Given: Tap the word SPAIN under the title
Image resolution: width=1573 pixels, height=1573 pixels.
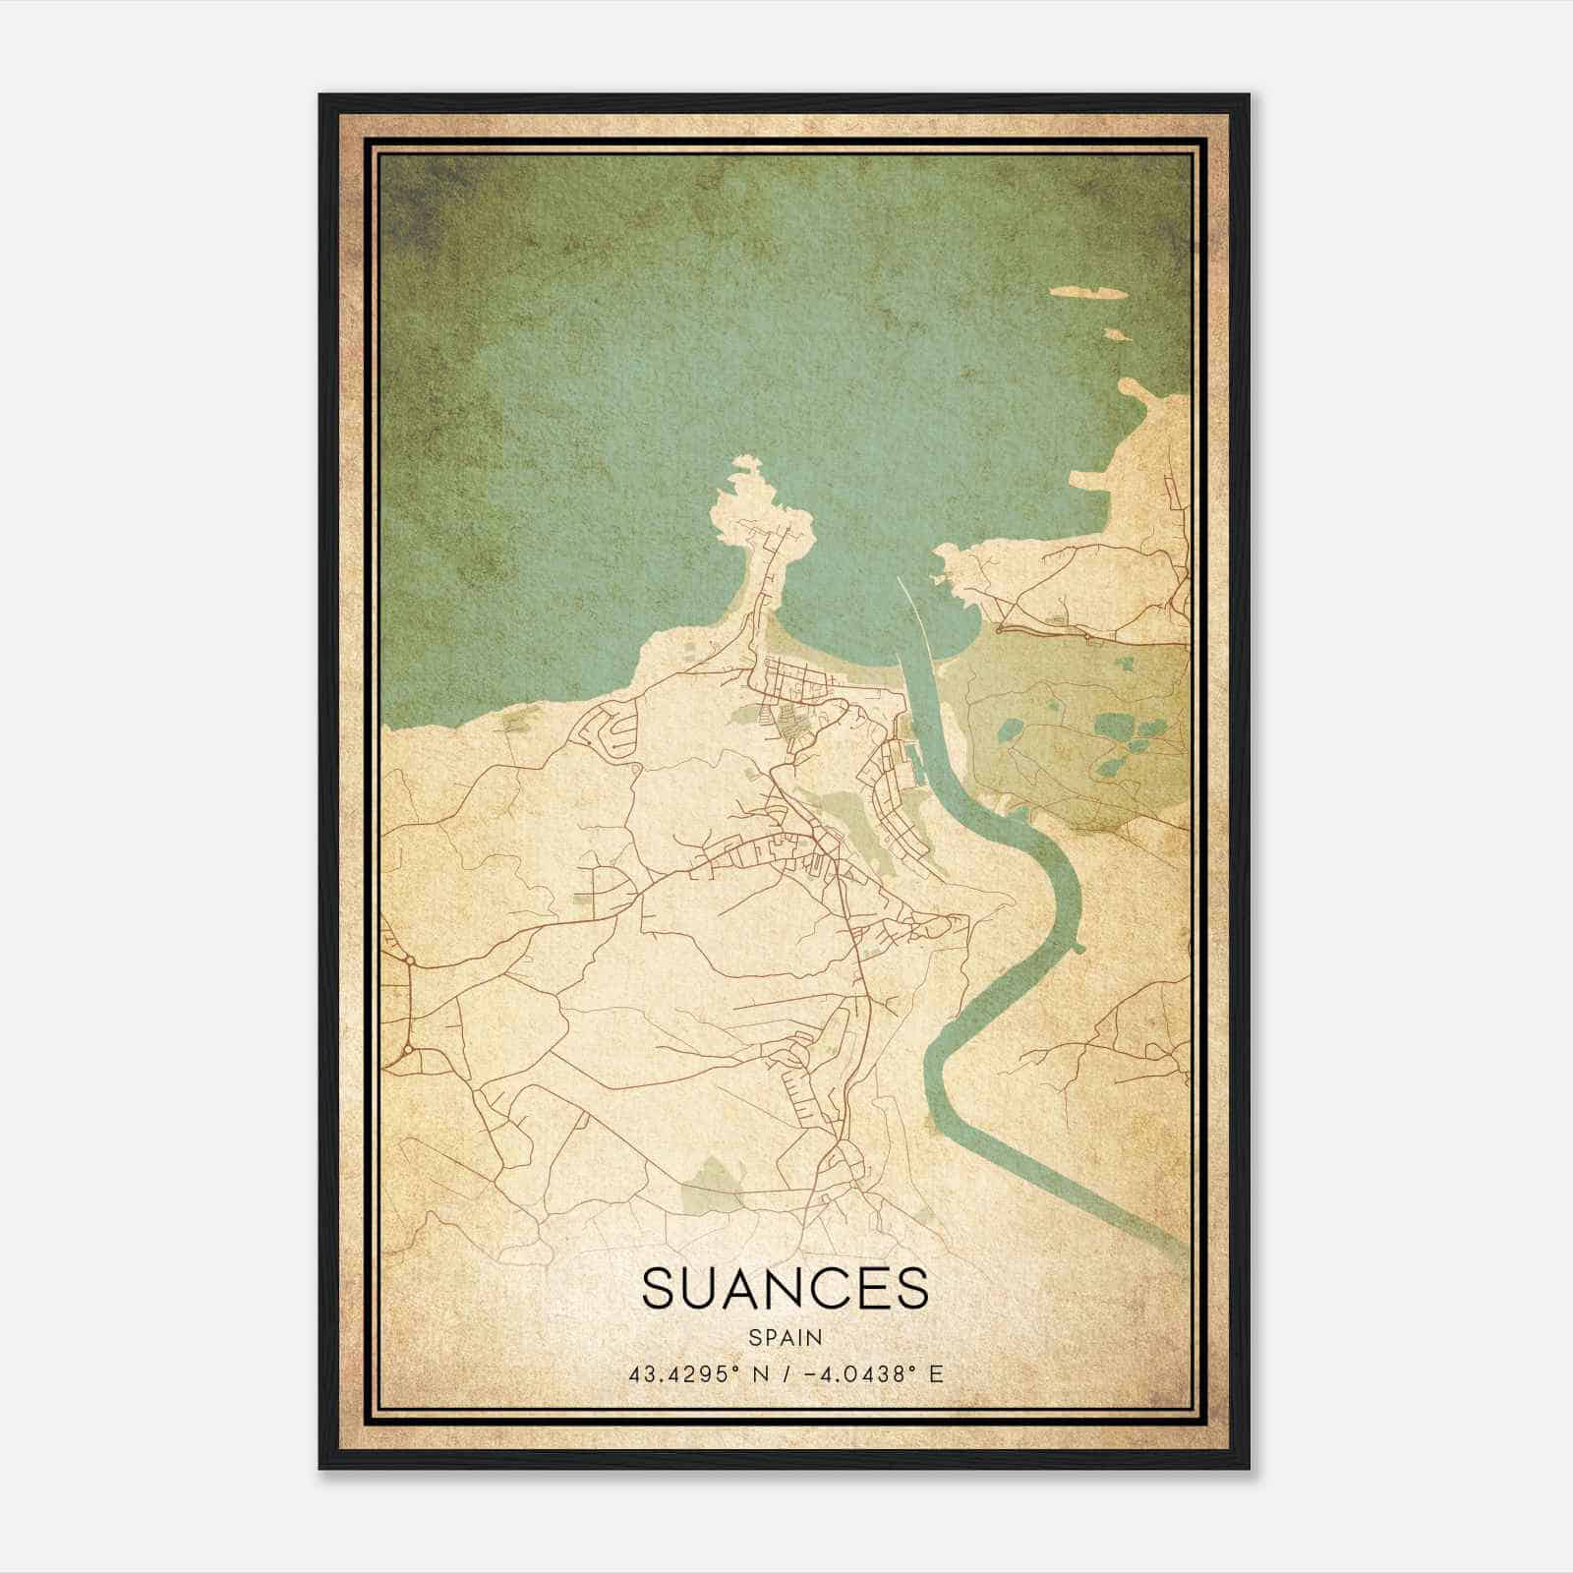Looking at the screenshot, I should (786, 1338).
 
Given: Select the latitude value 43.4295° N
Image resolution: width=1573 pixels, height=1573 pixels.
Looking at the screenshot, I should (699, 1373).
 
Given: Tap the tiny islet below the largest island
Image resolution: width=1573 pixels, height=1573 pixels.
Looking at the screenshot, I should (1114, 334).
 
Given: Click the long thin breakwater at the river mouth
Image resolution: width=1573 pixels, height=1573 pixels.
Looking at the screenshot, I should (908, 610).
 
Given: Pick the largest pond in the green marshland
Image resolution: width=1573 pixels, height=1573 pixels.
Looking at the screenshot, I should (1113, 728).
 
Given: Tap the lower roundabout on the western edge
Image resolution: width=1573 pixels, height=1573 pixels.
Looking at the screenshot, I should (406, 1053).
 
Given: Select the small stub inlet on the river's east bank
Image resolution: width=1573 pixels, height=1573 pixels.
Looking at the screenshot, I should (1078, 948).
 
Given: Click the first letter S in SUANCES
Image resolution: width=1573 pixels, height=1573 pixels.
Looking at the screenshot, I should (660, 1288).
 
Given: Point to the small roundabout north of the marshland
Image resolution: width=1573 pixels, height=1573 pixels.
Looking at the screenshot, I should (998, 626).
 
